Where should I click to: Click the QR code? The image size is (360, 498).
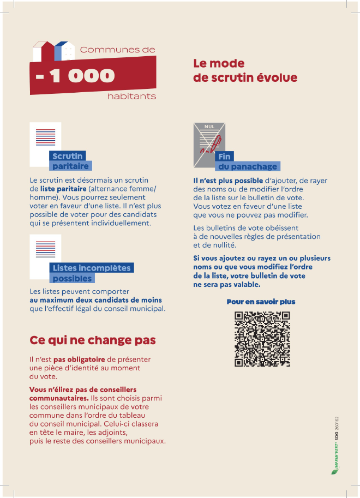click(x=262, y=338)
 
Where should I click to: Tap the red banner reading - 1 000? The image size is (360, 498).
click(x=93, y=76)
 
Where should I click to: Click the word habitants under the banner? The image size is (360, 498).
click(x=131, y=97)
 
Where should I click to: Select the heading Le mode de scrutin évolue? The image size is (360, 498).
click(x=245, y=71)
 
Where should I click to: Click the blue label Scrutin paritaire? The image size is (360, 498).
click(x=70, y=161)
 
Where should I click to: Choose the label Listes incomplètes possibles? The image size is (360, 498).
click(x=91, y=273)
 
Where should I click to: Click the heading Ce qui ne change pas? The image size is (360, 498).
click(x=93, y=340)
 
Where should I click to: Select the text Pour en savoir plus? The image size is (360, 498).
click(x=261, y=302)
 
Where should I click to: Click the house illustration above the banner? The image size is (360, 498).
click(x=53, y=51)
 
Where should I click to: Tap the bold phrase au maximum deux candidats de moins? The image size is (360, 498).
click(x=95, y=300)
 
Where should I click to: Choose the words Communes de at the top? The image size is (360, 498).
click(x=117, y=50)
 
